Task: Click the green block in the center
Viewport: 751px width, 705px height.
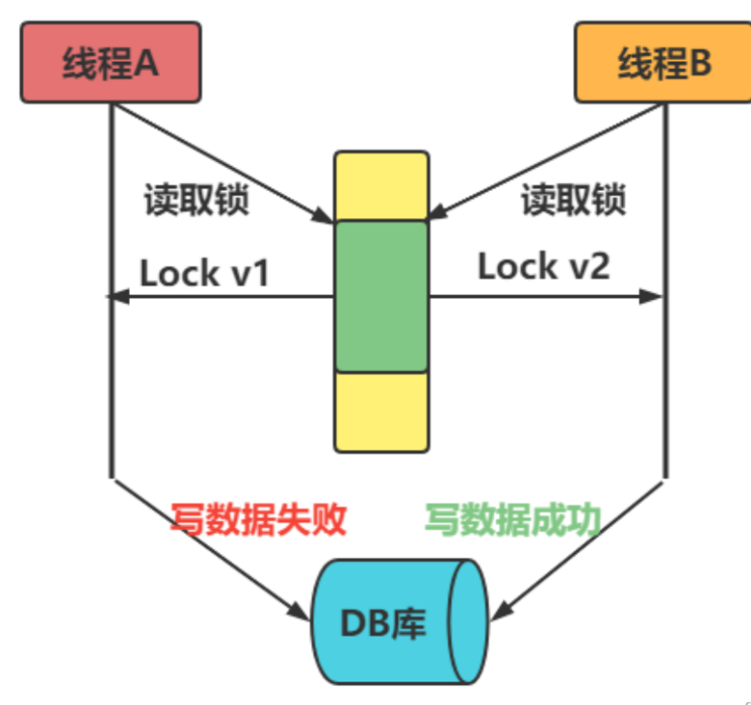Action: click(382, 296)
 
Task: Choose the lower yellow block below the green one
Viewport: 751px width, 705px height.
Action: click(382, 412)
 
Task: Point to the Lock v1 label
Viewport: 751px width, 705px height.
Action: click(204, 273)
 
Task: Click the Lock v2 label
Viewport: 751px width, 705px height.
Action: click(544, 267)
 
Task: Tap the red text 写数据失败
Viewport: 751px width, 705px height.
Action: click(258, 520)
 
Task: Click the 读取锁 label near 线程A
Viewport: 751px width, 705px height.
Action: click(196, 200)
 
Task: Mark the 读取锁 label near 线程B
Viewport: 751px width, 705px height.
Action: click(573, 200)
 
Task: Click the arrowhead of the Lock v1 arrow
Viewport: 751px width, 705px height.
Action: click(116, 296)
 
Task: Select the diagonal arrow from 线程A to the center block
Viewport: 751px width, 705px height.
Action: click(223, 162)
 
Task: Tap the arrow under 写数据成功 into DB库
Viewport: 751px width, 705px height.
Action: click(582, 545)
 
